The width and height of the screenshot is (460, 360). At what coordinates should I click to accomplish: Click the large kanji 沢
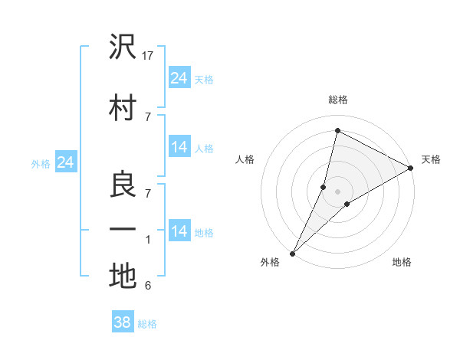click(x=123, y=47)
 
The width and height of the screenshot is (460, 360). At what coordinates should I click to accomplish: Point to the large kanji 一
click(x=123, y=229)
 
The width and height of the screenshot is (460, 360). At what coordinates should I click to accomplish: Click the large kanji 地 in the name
click(x=123, y=277)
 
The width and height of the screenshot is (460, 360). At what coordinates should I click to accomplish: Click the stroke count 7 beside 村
click(x=148, y=116)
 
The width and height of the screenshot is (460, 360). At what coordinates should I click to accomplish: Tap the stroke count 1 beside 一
click(x=148, y=241)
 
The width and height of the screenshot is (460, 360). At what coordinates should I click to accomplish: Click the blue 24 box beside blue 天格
click(x=179, y=77)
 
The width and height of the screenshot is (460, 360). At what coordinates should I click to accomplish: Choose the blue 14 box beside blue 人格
click(x=179, y=147)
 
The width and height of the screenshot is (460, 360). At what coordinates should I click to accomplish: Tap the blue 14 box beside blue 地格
click(x=179, y=231)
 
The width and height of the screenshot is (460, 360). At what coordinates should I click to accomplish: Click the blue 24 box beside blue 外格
click(x=65, y=162)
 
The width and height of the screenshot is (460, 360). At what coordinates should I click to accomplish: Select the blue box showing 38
click(x=123, y=322)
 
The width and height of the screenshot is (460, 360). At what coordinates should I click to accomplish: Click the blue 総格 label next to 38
click(x=147, y=324)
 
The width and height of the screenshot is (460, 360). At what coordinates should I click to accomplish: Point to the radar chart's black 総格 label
click(x=337, y=100)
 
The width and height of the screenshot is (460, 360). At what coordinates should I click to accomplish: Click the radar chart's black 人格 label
click(x=245, y=159)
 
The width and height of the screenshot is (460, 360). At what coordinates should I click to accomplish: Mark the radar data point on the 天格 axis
click(x=411, y=169)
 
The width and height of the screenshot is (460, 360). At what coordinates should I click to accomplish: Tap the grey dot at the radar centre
click(x=337, y=191)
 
